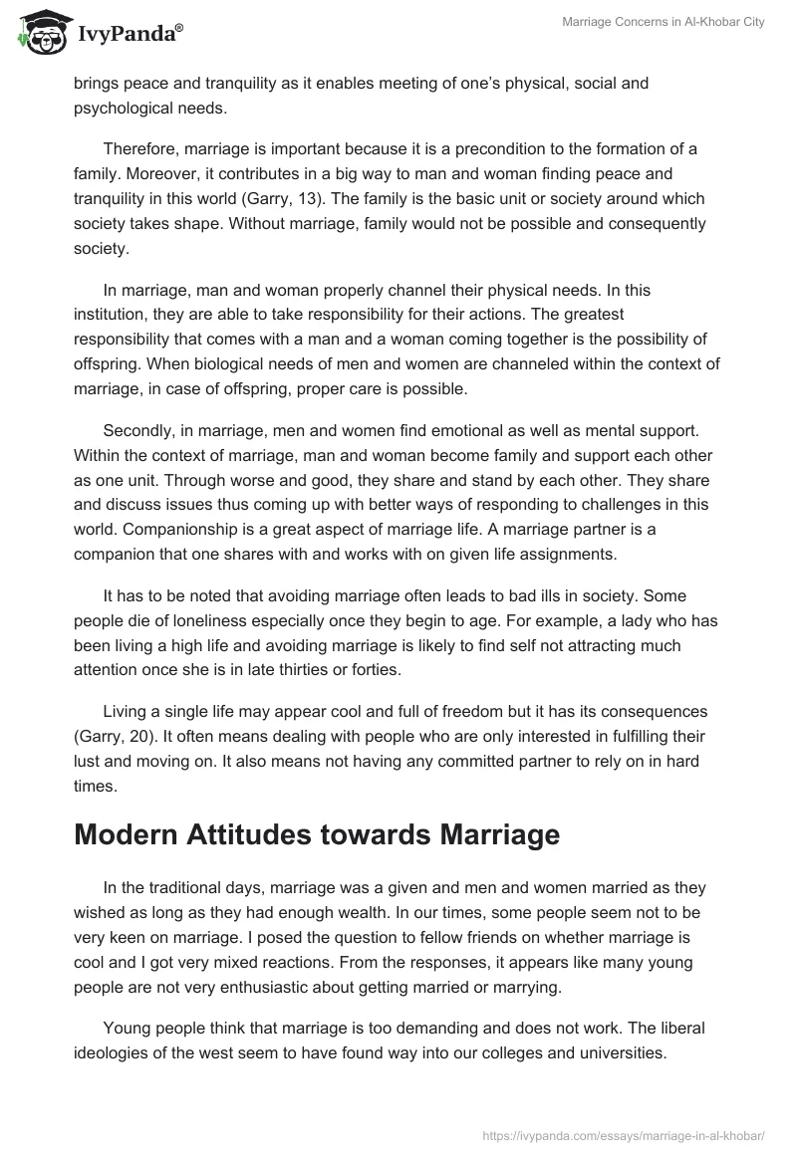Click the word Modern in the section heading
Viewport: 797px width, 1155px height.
coord(133,833)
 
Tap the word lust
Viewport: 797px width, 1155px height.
coord(89,763)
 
